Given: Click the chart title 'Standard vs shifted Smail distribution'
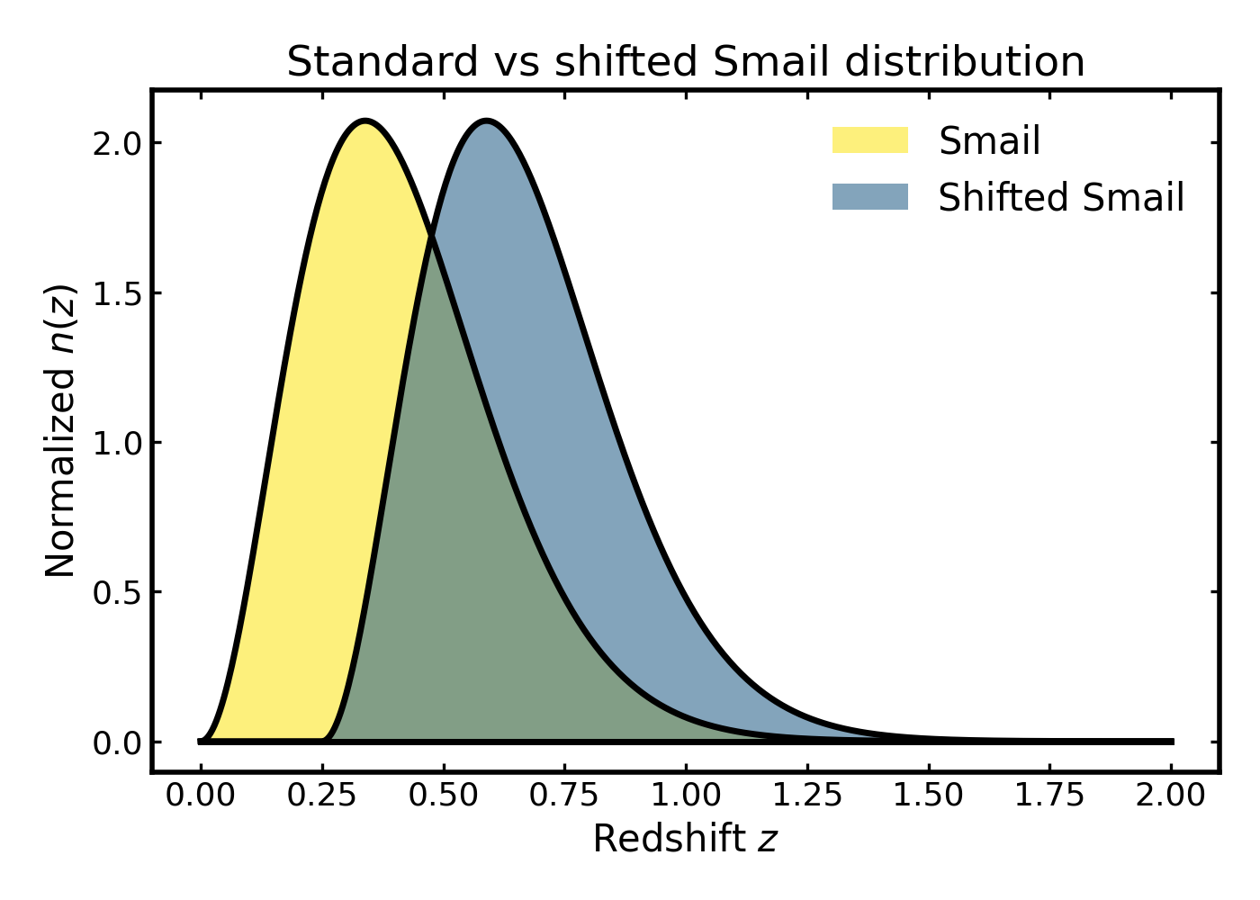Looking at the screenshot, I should point(685,62).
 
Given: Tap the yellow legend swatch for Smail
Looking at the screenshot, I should point(869,140).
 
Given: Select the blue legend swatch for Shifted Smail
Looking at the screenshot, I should point(869,197).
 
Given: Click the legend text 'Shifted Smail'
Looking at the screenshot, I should point(1060,198).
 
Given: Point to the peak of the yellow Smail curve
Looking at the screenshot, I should point(364,121).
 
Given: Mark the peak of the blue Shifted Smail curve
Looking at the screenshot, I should point(486,121).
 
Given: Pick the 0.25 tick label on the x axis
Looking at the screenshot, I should point(322,796).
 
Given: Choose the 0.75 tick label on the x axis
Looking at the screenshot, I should point(564,796).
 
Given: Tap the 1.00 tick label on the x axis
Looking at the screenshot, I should point(686,796).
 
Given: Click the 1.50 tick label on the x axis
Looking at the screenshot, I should point(928,796).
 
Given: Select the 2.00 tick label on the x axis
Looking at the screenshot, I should point(1170,796).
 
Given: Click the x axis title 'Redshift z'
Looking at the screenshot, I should point(685,839).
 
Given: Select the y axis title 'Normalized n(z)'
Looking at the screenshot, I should point(61,431).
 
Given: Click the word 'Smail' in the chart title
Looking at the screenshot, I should point(767,62).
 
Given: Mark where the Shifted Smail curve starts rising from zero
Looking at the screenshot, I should point(324,740).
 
